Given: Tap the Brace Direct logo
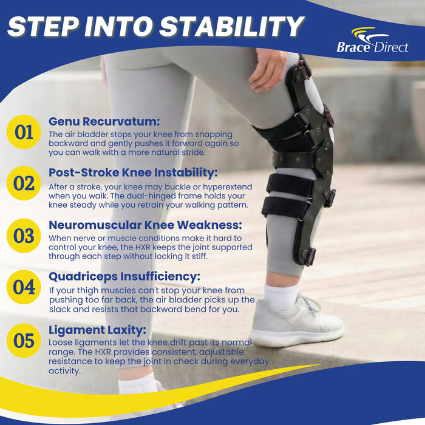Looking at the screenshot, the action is coord(372,40).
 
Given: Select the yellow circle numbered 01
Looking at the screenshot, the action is coord(24,132).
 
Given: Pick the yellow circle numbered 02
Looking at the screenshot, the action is coord(24,183).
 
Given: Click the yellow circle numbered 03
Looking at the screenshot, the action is coord(24,236).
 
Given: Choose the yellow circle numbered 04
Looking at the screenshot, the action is coord(24,287).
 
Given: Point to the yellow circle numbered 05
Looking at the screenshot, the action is coord(24,341).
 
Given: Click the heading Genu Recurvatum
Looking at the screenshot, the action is coord(104,121).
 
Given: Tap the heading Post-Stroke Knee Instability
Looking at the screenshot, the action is coord(133,172).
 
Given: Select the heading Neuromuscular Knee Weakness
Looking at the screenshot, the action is coord(145,225).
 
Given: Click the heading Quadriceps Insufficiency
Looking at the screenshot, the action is coord(124,277).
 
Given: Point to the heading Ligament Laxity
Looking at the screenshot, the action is coord(97,330).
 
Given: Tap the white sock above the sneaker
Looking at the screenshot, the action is coord(280,296).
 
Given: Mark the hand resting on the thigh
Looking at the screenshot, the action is coord(267,70).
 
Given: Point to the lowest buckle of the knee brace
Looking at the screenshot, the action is coord(308,256).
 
